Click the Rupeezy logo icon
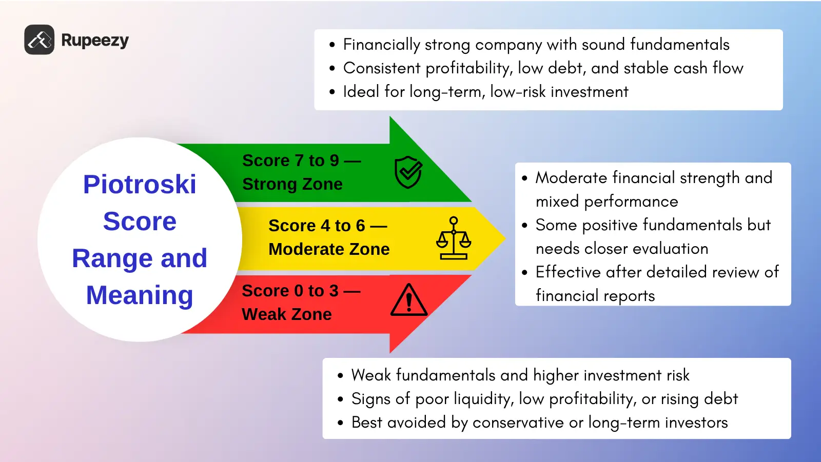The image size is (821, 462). [x=39, y=39]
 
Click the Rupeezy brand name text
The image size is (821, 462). [x=95, y=41]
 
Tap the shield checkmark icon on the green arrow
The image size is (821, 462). [x=408, y=172]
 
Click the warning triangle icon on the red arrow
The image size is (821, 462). [x=409, y=300]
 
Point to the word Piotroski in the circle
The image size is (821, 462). [x=140, y=185]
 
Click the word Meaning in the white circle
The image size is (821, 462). [x=140, y=295]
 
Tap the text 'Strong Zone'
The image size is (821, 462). [x=292, y=184]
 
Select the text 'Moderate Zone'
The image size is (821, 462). [x=329, y=249]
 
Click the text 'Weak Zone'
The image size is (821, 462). [x=286, y=314]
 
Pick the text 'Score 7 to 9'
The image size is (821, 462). [x=290, y=160]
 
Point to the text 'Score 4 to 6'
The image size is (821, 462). [x=317, y=226]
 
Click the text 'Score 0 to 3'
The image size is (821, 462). [x=290, y=291]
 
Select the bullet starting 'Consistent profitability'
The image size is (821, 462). [x=543, y=68]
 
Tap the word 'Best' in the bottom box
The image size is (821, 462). [x=367, y=423]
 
